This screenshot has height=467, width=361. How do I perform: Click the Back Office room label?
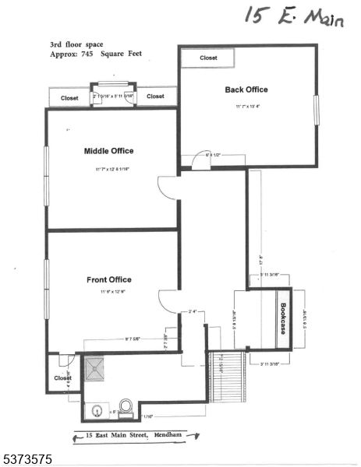coord(246,90)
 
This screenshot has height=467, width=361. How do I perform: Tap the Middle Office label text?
coord(108,151)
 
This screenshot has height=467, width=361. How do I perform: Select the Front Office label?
coord(108,279)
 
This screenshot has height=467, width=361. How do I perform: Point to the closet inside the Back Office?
coord(208,58)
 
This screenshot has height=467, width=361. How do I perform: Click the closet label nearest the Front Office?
coord(62,378)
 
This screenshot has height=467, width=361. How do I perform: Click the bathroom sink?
coord(96,409)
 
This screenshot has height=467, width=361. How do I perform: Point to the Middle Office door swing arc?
coord(166,188)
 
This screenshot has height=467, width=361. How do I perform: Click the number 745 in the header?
coord(90,54)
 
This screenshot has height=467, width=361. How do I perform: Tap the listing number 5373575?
coord(27,459)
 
